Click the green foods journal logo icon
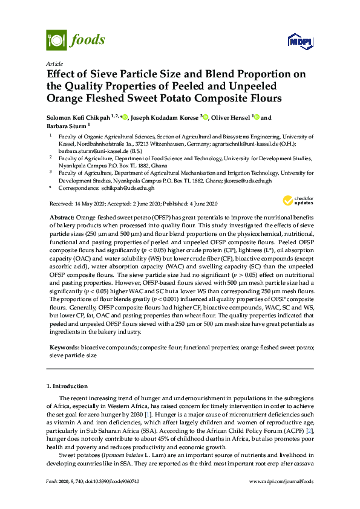[56, 40]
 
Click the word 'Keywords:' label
[64, 348]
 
